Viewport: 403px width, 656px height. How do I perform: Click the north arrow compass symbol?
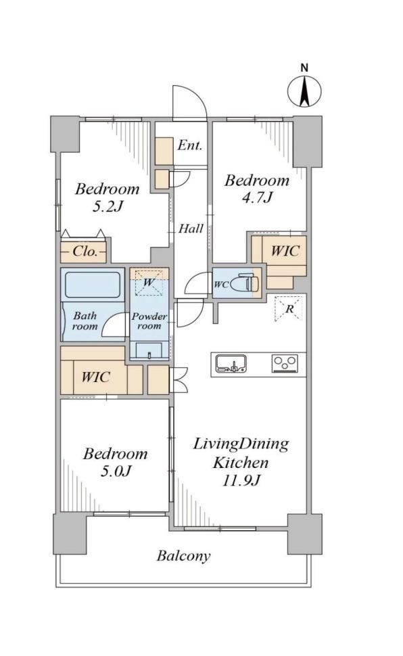[x=304, y=91]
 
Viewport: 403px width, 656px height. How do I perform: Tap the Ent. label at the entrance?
[x=189, y=145]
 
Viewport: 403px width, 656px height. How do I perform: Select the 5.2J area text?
[x=107, y=206]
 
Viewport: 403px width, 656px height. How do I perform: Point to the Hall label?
[x=191, y=229]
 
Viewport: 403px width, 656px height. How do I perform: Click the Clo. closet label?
[x=85, y=251]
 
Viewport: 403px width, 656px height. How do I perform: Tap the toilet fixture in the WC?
[x=247, y=283]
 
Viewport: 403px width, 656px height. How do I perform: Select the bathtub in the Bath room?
[x=93, y=285]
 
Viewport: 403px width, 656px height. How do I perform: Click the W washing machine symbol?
[x=149, y=283]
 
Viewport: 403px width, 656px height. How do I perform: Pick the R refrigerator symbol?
[x=288, y=309]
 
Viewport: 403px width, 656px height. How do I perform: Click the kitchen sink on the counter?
[x=231, y=363]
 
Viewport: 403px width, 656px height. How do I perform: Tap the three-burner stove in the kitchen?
[x=285, y=363]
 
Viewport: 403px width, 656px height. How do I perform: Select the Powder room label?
[x=149, y=321]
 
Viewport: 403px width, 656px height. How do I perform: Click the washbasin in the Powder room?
[x=149, y=350]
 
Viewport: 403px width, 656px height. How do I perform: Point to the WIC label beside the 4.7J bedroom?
[x=285, y=251]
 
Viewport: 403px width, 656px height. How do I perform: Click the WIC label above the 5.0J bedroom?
[x=95, y=377]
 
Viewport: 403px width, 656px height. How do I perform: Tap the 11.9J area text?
[x=241, y=481]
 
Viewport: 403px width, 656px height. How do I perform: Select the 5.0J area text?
[x=116, y=471]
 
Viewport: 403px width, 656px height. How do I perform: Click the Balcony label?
[x=183, y=556]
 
